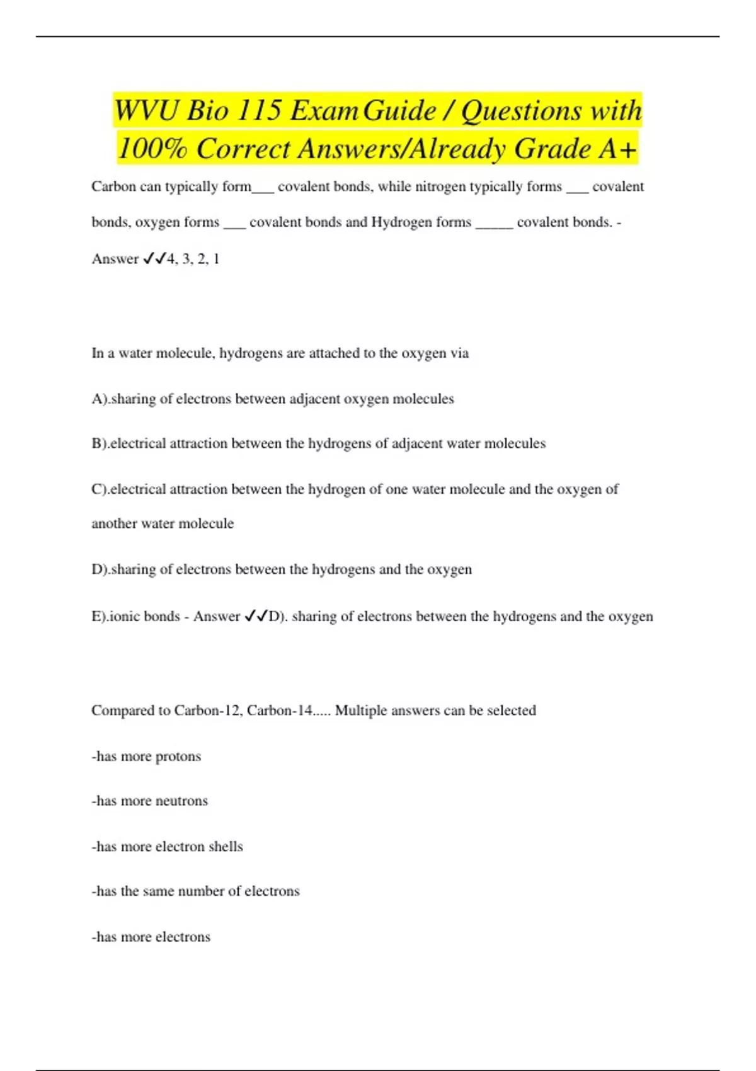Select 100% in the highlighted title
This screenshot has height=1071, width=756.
click(x=152, y=149)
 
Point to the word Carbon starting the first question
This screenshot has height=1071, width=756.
click(x=113, y=186)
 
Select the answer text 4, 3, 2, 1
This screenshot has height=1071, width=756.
click(x=193, y=259)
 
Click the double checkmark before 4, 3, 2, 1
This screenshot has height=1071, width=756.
click(x=154, y=258)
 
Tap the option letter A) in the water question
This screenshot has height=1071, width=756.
click(x=100, y=399)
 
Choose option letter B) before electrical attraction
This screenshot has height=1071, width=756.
click(x=100, y=444)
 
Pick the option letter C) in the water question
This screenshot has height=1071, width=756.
click(x=100, y=490)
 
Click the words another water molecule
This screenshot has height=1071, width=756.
click(x=163, y=524)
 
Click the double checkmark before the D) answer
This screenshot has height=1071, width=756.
click(x=256, y=616)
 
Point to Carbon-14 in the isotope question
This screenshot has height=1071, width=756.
click(x=279, y=711)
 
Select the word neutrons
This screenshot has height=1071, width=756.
click(x=181, y=801)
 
